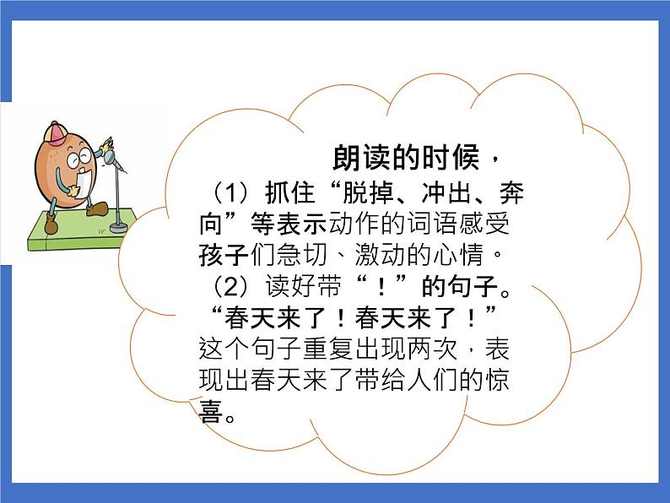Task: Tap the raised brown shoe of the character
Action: click(98, 208)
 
